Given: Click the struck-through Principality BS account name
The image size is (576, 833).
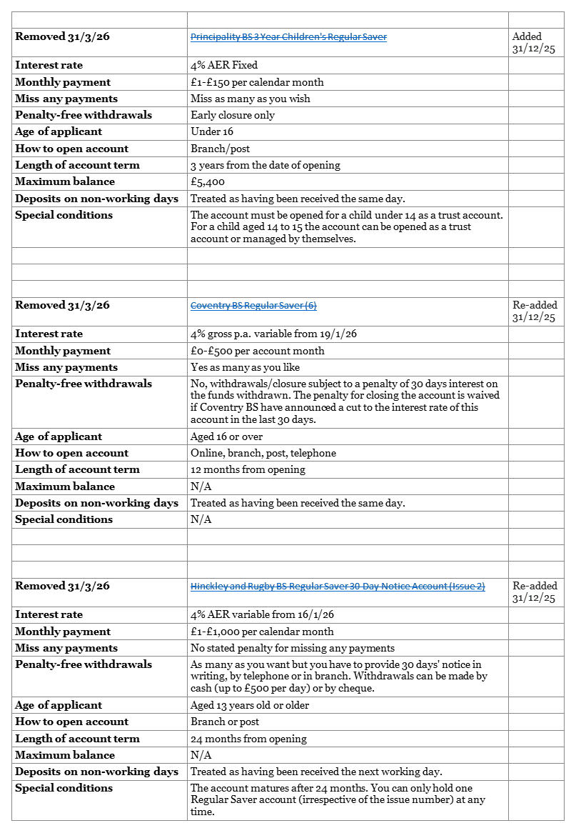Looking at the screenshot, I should (x=288, y=37).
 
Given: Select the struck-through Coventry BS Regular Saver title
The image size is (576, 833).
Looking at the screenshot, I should (x=253, y=306).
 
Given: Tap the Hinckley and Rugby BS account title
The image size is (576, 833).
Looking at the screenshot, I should (x=338, y=587).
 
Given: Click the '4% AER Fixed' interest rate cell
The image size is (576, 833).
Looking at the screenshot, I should (x=224, y=65).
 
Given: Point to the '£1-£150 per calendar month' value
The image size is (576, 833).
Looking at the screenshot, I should (x=257, y=82).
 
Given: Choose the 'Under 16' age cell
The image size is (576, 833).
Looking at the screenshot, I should (x=212, y=131).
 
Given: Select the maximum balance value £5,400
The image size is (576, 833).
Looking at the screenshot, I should (x=208, y=182).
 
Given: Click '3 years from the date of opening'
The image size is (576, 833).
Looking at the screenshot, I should (x=266, y=165).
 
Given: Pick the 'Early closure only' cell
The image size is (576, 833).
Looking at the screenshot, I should (x=233, y=115).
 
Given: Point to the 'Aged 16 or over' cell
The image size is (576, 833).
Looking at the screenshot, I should (x=226, y=437).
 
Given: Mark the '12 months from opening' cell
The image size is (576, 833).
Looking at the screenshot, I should (x=248, y=469).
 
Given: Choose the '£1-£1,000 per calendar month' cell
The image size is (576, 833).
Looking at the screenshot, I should (x=262, y=632).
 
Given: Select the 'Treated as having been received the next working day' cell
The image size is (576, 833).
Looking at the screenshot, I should (x=316, y=772).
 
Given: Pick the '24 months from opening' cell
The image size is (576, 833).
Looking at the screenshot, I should (x=248, y=739).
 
